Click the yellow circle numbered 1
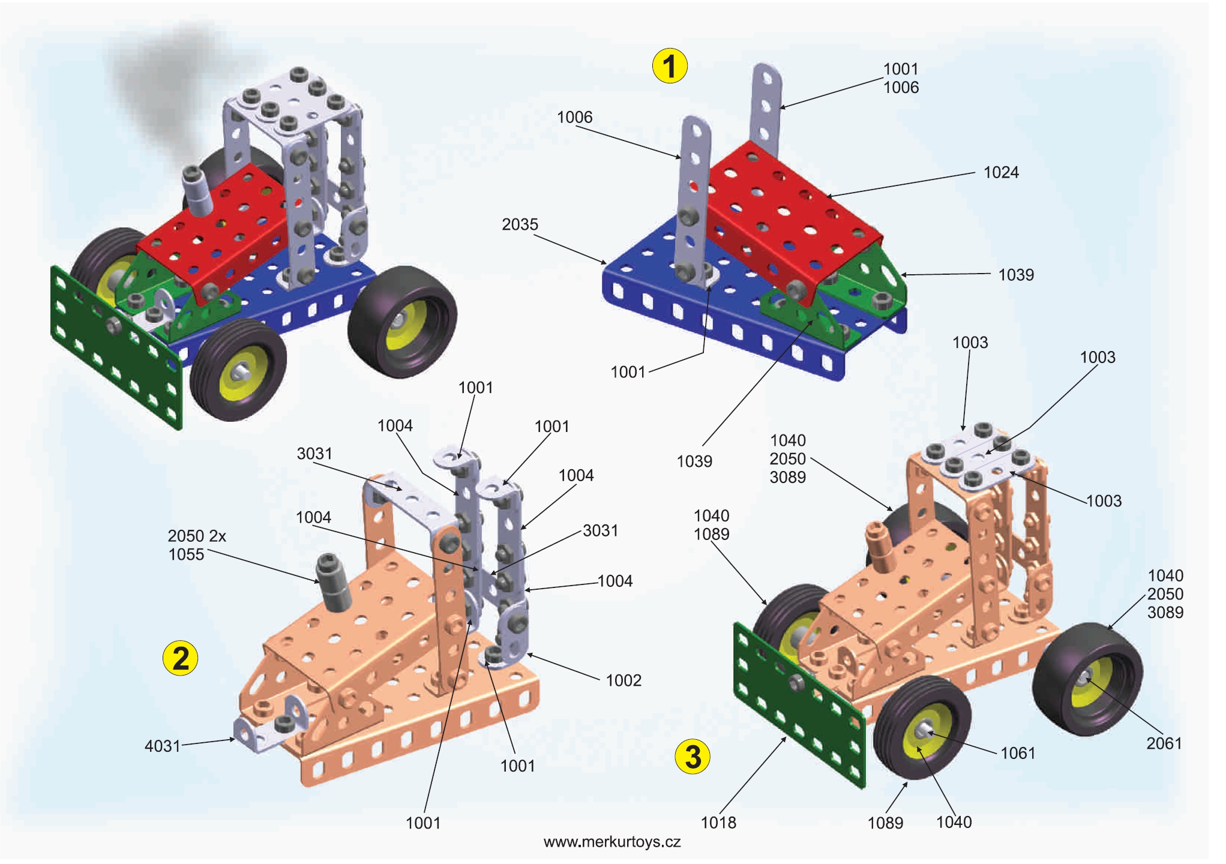pos(669,66)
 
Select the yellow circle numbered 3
pos(693,757)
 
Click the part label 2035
pos(520,224)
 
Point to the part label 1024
pos(1000,173)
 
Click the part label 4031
pos(162,746)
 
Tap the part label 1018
pos(718,823)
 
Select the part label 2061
pos(1164,743)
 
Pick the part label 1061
pos(1017,753)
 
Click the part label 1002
pos(623,680)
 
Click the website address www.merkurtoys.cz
pos(611,842)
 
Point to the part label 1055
pos(186,554)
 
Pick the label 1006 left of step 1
pos(574,118)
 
